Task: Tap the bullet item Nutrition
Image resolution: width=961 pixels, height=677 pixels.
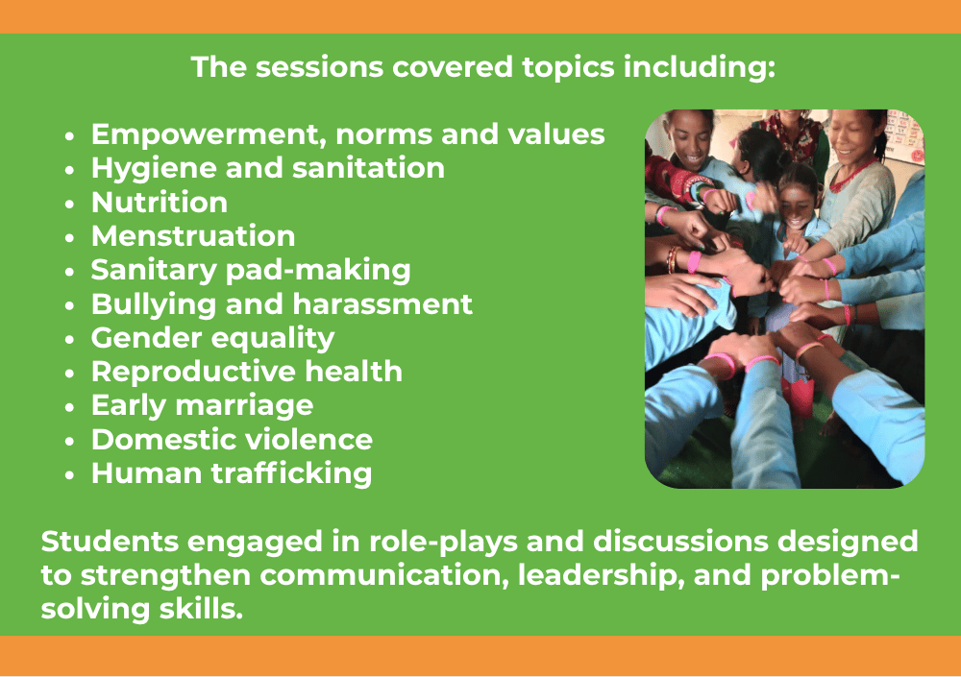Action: [x=160, y=203]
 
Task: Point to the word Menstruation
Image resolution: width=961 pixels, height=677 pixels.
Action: [x=193, y=236]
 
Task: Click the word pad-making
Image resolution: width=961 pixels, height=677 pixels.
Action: [x=318, y=271]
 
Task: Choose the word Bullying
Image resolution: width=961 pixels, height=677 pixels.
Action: [x=153, y=304]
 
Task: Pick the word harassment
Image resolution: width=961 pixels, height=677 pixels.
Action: [x=382, y=304]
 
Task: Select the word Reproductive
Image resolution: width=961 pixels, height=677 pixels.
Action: [x=193, y=373]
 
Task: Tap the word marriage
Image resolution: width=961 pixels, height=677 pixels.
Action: [x=244, y=406]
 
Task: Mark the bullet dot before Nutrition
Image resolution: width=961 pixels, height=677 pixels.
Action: [x=69, y=204]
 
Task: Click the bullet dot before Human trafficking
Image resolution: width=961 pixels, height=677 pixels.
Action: [x=69, y=474]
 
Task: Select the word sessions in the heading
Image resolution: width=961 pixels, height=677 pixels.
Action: [x=319, y=67]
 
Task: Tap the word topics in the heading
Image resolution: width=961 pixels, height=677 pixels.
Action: [x=568, y=67]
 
